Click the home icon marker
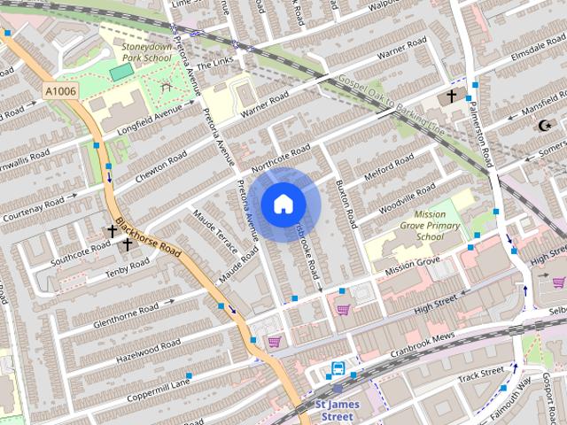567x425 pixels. (283, 204)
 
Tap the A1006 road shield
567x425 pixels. (60, 90)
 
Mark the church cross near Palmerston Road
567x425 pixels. (452, 96)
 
